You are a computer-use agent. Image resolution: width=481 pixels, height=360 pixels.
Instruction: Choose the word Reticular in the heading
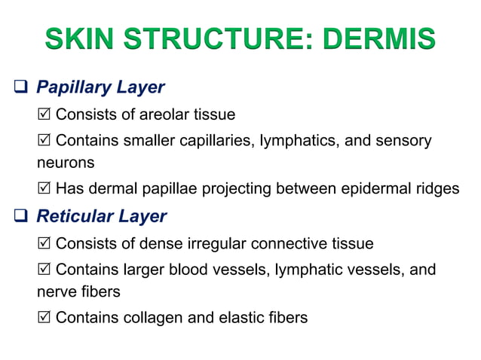[x=74, y=217]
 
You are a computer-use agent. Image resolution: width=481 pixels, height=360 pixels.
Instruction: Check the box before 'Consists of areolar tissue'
[x=44, y=114]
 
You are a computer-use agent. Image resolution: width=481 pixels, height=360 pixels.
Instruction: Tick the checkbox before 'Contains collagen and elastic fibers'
[x=44, y=317]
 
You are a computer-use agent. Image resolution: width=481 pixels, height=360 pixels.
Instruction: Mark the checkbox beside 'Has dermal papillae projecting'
[x=44, y=188]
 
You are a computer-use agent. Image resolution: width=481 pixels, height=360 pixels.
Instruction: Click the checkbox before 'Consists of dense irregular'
[x=44, y=244]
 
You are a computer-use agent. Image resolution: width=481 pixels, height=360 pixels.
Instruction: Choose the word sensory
[x=405, y=141]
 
